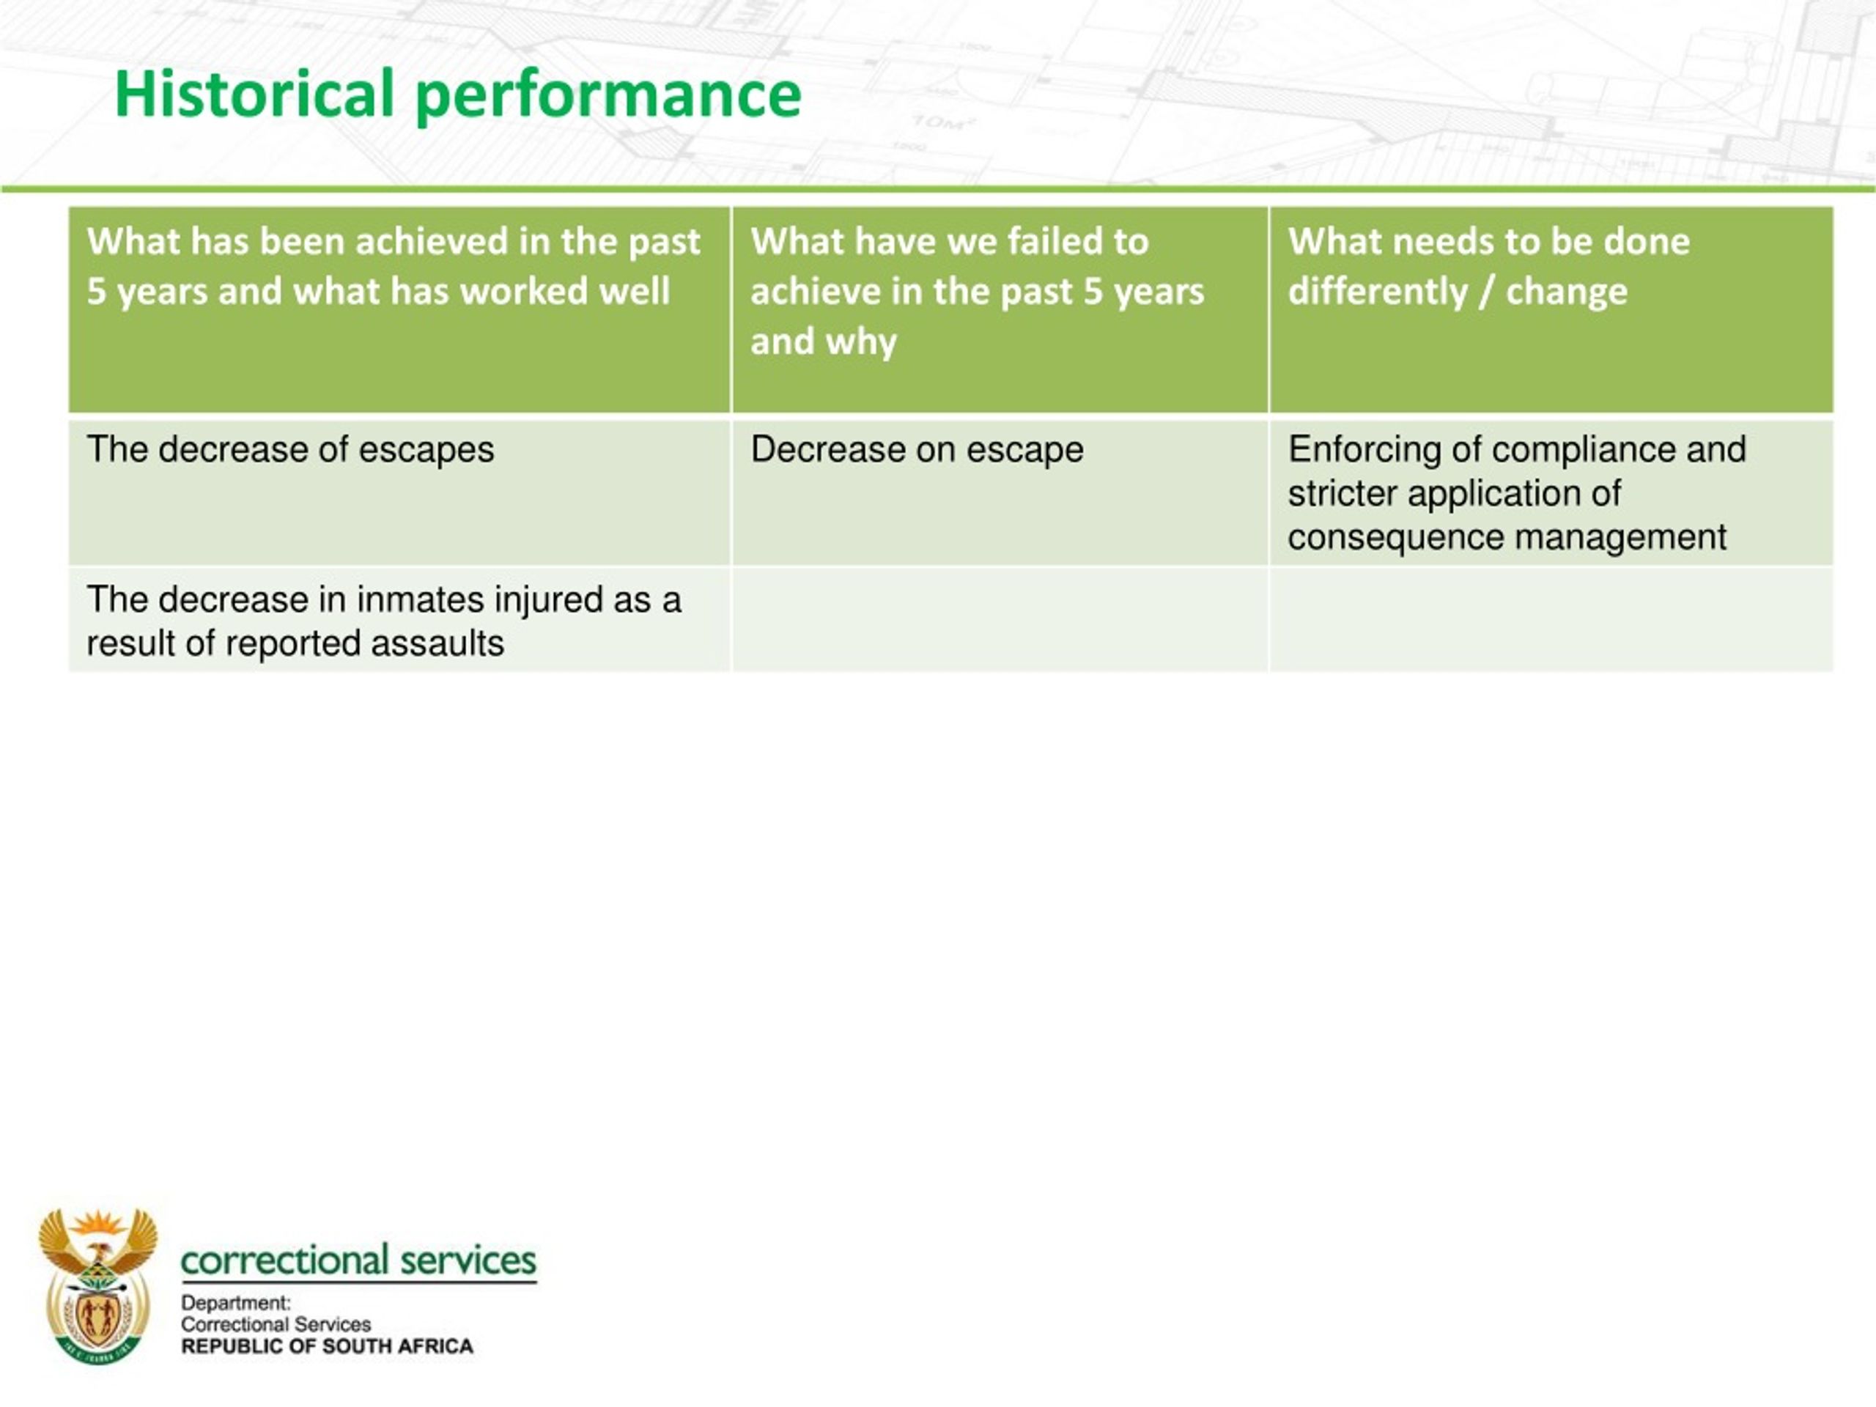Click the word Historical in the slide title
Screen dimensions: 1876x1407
[x=255, y=92]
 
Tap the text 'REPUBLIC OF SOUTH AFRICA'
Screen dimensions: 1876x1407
[x=328, y=1347]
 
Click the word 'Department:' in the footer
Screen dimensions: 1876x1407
[x=236, y=1304]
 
